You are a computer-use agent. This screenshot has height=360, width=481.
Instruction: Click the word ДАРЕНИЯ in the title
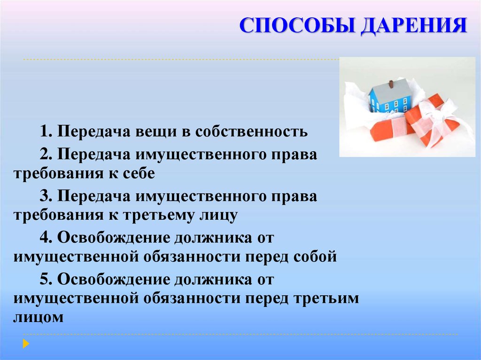pos(414,26)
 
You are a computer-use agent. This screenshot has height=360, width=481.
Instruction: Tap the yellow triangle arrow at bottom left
pos(26,344)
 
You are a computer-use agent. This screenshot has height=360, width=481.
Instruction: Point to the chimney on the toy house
pos(391,84)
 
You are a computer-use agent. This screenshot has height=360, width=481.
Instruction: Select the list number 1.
pos(46,131)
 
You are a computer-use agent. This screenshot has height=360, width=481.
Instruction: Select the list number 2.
pos(46,154)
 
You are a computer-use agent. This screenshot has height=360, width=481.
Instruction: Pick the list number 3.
pos(46,196)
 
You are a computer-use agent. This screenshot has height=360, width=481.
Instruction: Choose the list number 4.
pos(46,237)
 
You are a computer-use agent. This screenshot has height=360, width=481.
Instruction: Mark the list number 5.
pos(46,280)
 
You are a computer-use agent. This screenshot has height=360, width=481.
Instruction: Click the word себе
pos(139,174)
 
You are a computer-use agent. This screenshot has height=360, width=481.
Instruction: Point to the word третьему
pos(159,215)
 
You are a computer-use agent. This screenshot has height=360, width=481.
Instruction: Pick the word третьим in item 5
pos(326,299)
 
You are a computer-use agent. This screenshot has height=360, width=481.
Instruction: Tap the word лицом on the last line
pos(39,318)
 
